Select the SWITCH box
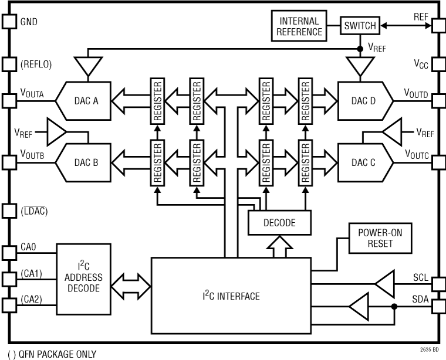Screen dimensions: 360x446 [x=360, y=25]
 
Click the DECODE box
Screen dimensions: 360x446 [x=279, y=223]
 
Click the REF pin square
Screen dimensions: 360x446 [x=437, y=25]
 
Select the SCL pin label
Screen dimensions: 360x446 [x=420, y=276]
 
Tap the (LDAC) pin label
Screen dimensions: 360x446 [x=33, y=210]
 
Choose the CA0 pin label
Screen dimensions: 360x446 [x=29, y=247]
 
